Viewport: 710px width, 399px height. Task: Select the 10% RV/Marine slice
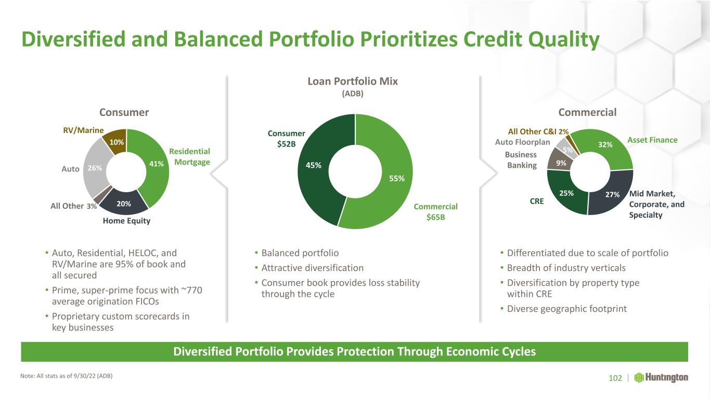[x=117, y=141]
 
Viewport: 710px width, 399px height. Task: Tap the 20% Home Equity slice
[x=124, y=203]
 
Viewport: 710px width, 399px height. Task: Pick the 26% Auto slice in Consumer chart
[x=95, y=168]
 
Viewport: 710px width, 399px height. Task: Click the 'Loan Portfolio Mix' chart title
[x=353, y=82]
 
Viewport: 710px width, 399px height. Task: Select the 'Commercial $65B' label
[x=435, y=212]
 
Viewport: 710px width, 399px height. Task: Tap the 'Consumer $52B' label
[x=286, y=139]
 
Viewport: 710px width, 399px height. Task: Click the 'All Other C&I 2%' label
[x=538, y=131]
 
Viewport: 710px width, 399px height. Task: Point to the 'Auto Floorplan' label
[x=522, y=142]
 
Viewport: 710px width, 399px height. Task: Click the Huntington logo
[x=661, y=378]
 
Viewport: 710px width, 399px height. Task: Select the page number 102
[x=615, y=378]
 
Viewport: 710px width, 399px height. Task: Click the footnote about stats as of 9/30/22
[x=66, y=376]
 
